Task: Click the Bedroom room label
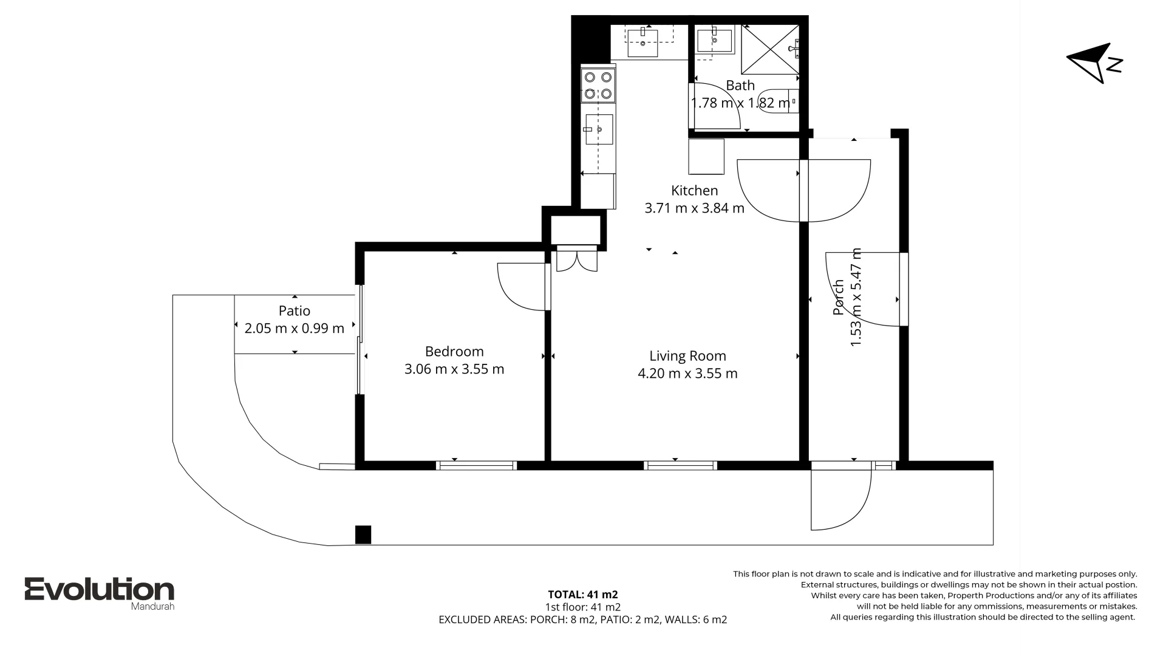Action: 454,351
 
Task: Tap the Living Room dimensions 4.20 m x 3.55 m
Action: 687,374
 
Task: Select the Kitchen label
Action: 694,191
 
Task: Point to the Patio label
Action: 295,311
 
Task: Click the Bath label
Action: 740,86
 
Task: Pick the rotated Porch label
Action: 839,297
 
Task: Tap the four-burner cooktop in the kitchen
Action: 598,86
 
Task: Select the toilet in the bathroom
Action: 778,101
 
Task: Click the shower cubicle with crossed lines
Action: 769,50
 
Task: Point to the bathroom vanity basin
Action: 714,40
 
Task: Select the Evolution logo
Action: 99,589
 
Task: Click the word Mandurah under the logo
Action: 152,606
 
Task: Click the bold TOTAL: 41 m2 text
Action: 582,595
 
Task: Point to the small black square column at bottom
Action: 363,535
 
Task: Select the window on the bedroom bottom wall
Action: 477,466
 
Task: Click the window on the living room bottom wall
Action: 680,466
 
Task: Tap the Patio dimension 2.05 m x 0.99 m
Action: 295,329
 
